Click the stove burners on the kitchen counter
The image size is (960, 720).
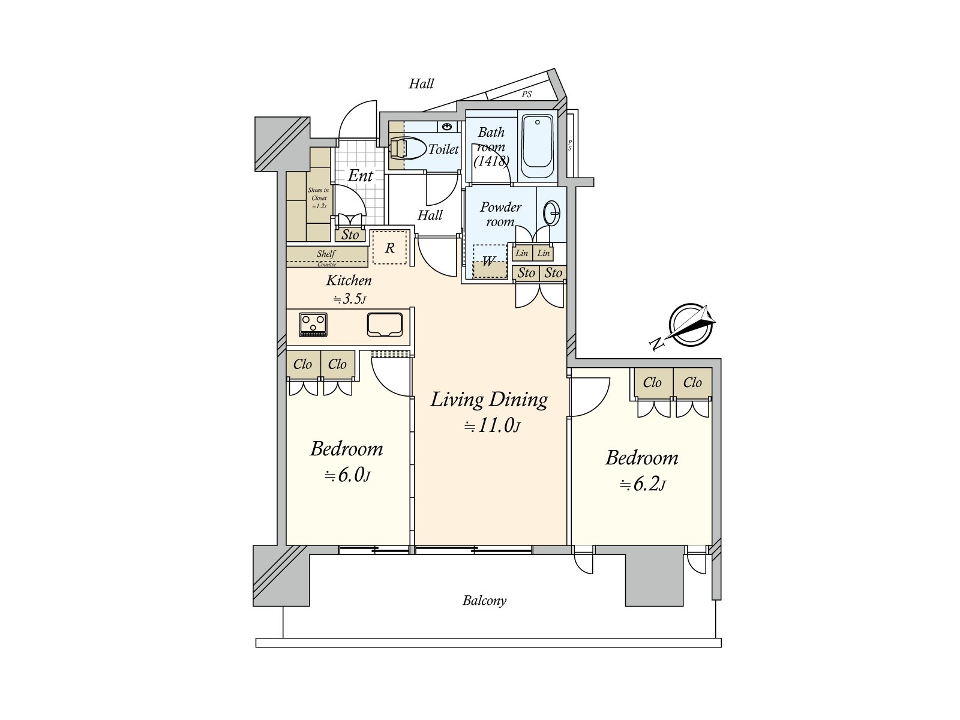coord(313,325)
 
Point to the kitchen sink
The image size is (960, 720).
coord(385,325)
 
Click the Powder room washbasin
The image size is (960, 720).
coord(551,212)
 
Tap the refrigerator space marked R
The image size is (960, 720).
coord(390,248)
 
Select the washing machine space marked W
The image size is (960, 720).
coord(490,262)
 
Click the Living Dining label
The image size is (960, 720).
coord(489,400)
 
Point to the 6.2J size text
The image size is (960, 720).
coord(643,484)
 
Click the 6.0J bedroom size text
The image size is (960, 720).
coord(347,475)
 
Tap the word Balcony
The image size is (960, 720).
coord(484,601)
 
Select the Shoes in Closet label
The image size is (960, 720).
coord(318,197)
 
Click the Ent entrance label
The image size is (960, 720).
coord(360,176)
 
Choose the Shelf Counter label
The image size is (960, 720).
coord(326,256)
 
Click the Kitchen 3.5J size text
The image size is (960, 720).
coord(350,299)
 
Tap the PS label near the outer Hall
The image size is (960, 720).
coord(526,95)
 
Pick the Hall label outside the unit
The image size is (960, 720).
coord(421,84)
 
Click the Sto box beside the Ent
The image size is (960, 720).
coord(350,235)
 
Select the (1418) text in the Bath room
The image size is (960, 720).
coord(491,161)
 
